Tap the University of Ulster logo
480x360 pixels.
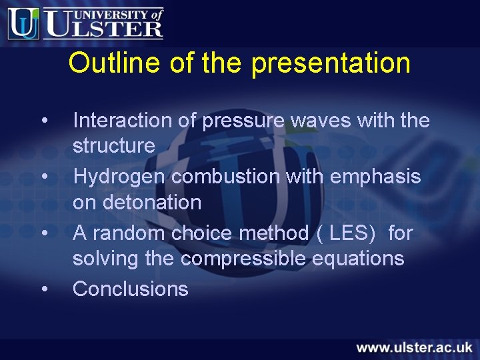click(85, 23)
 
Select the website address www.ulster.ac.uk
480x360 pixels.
click(413, 347)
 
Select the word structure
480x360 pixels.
click(113, 145)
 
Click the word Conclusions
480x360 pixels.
click(131, 289)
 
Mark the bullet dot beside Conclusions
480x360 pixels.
click(44, 289)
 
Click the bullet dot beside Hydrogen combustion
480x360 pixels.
click(44, 177)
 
